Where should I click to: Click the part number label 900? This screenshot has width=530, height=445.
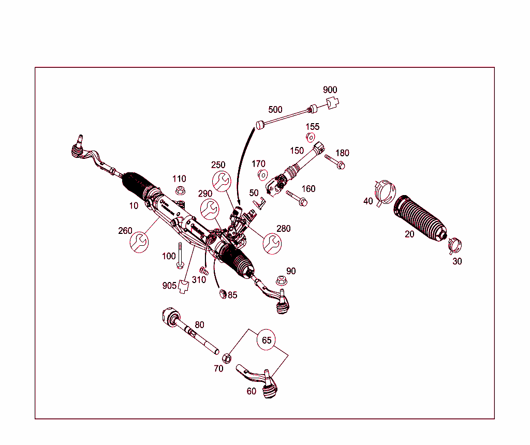[330, 90]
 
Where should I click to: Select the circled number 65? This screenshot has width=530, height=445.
[267, 340]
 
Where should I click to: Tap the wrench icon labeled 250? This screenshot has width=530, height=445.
[221, 181]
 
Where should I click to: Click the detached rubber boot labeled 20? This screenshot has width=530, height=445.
[420, 219]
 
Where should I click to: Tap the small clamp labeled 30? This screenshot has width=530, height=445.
[453, 244]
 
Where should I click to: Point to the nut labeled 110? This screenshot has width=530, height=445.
[180, 190]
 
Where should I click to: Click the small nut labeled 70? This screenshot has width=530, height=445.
[226, 358]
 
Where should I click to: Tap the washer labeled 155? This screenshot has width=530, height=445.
[311, 137]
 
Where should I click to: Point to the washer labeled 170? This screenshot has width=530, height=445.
[261, 174]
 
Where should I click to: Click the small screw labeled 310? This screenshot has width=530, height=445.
[203, 270]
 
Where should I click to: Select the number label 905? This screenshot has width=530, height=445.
[169, 286]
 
